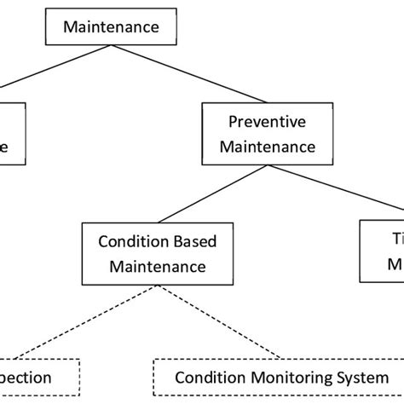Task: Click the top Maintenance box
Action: pos(111,27)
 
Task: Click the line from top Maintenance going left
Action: pos(51,68)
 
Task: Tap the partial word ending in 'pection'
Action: pos(26,377)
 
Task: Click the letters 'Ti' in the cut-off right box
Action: pos(395,241)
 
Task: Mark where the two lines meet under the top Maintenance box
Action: pos(111,45)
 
